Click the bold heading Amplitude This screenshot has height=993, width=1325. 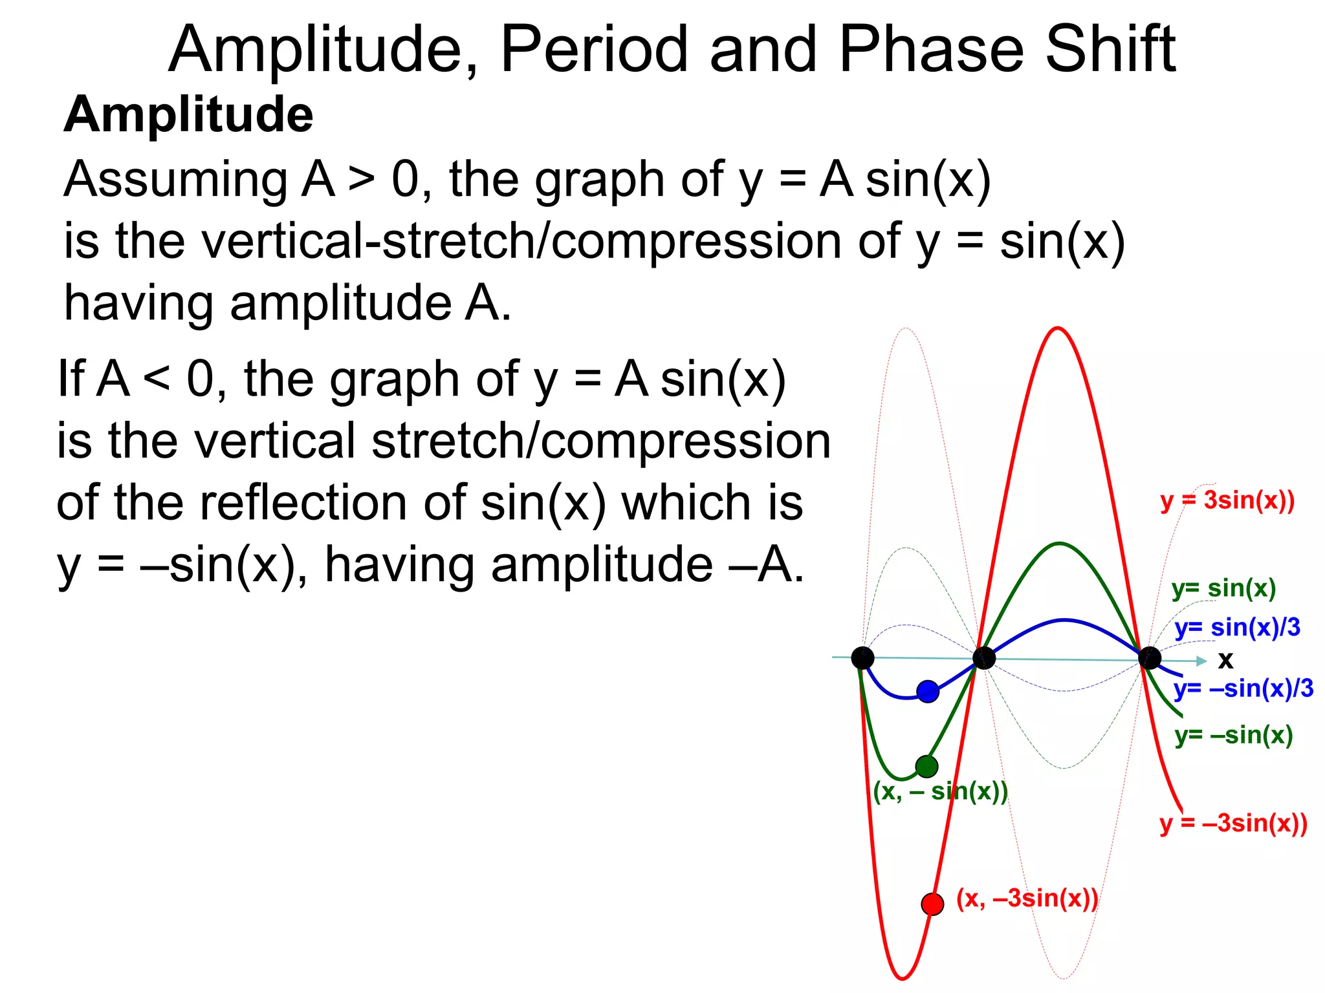(188, 114)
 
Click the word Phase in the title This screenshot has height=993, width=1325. (931, 49)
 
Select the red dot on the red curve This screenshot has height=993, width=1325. (932, 903)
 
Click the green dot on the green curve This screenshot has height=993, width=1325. (926, 767)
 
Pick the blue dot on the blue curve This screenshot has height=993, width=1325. (928, 691)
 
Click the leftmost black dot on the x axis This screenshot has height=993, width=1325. (862, 658)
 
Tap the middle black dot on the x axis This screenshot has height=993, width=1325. (983, 658)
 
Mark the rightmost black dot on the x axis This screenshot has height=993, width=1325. (1149, 658)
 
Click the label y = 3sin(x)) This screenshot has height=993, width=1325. (1227, 500)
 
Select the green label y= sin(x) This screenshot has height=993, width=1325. (1223, 588)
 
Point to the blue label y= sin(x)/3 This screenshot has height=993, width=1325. (1237, 627)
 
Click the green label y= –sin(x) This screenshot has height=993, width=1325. (1234, 735)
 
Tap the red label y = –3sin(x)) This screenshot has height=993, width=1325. (1233, 823)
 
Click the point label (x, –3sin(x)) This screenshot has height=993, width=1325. (1027, 898)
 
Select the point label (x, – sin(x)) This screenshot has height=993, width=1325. (940, 791)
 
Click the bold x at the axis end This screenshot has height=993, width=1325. (1225, 660)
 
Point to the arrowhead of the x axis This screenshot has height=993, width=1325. (1201, 661)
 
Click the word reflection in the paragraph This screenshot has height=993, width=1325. (303, 502)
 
